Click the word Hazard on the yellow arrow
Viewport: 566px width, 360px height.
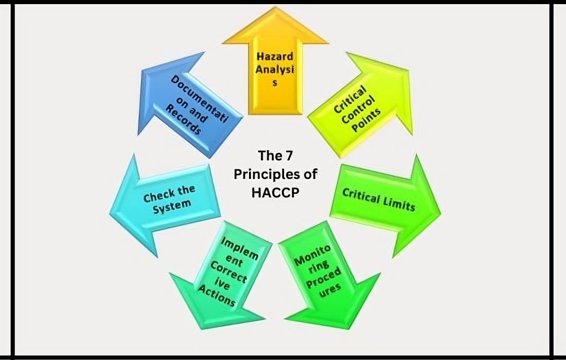point(275,57)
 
